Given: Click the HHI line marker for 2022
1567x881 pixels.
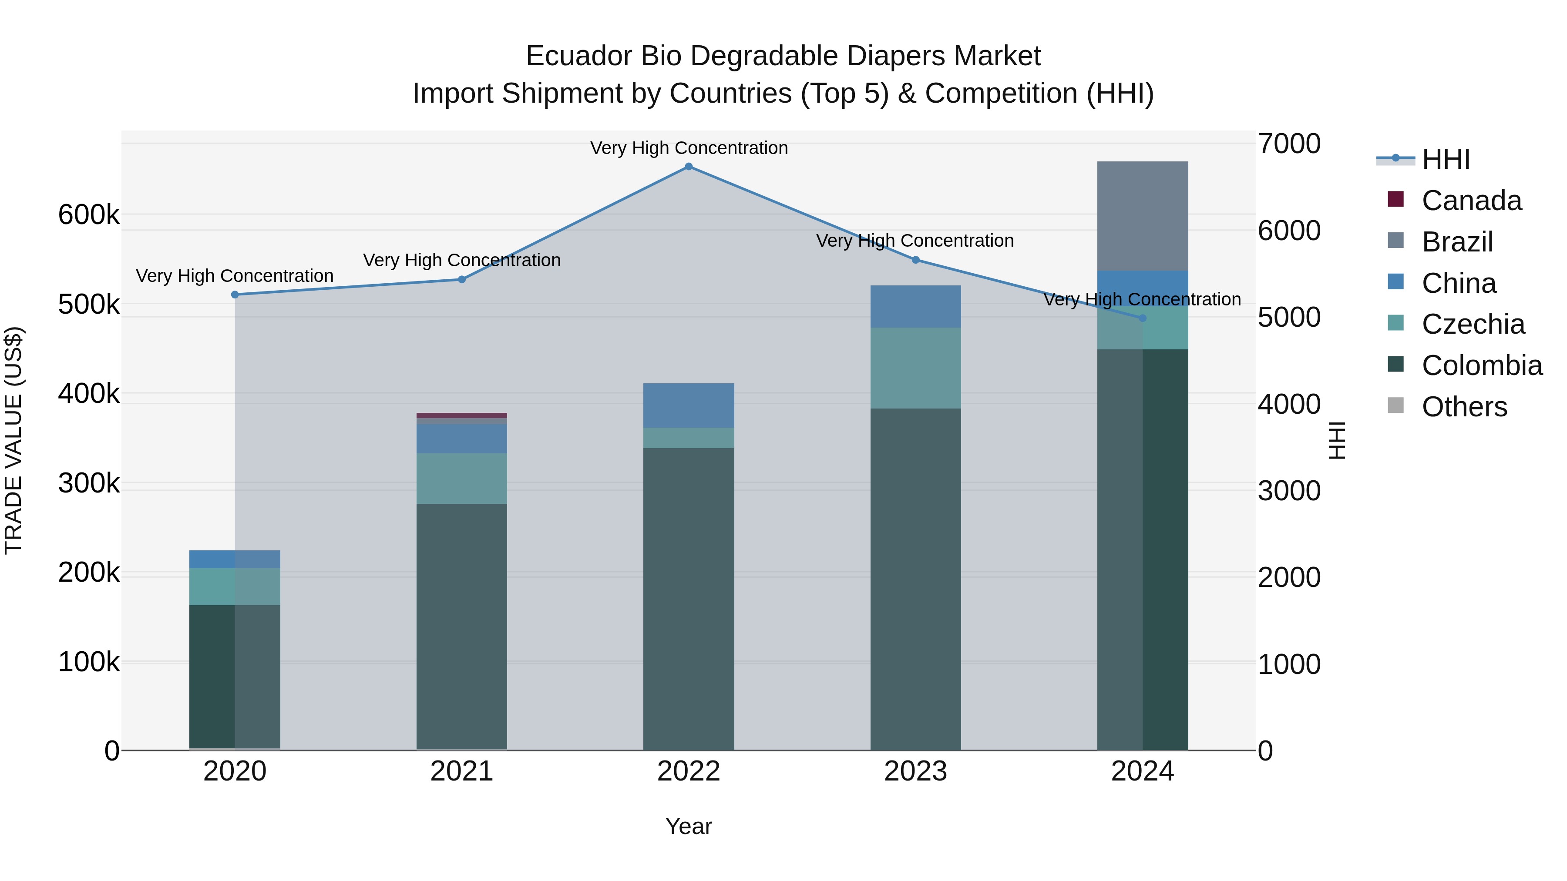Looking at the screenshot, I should click(689, 167).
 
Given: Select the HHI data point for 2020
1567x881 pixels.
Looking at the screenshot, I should click(235, 295).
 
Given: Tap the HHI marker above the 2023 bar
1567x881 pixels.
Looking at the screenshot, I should click(915, 260).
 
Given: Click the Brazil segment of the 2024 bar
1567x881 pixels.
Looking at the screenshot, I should click(1143, 216).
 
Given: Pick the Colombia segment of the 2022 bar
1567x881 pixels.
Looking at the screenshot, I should click(689, 599).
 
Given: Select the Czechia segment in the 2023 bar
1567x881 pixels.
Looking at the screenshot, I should click(915, 368).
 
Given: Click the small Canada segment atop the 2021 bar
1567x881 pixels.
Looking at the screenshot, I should click(462, 416).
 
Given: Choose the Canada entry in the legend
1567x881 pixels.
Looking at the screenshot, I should click(1472, 201).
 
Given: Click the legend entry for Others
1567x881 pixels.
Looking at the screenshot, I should click(1464, 407).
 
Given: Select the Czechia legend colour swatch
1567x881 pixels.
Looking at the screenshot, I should click(1396, 323).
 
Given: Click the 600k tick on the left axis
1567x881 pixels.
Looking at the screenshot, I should click(89, 215).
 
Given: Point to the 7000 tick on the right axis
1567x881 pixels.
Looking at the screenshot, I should click(1289, 144).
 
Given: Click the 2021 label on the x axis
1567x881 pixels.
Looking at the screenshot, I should click(462, 771).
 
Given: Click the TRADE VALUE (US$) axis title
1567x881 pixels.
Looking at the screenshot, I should click(13, 440).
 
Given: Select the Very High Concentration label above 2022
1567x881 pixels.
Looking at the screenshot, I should click(689, 148).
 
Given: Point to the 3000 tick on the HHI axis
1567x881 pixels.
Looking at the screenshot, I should click(1289, 491).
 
